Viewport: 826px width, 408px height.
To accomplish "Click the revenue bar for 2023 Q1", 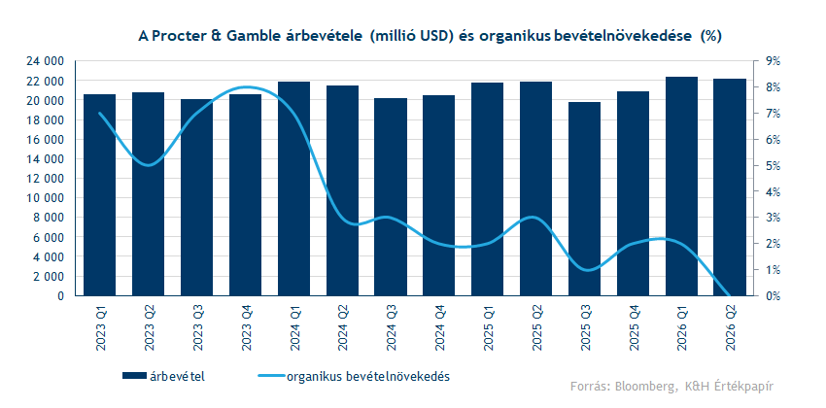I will tap(100, 194).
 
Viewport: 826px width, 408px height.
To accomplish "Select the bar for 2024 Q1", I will tap(294, 188).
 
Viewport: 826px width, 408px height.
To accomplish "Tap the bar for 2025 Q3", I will tap(585, 198).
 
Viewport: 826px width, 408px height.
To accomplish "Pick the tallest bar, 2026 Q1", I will tap(682, 186).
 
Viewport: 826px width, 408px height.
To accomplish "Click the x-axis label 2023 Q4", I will tap(246, 328).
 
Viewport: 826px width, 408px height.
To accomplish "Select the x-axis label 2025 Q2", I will tap(536, 328).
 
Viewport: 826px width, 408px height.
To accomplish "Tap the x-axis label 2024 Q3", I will tap(392, 328).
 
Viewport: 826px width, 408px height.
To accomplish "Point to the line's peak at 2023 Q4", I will tap(246, 87).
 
